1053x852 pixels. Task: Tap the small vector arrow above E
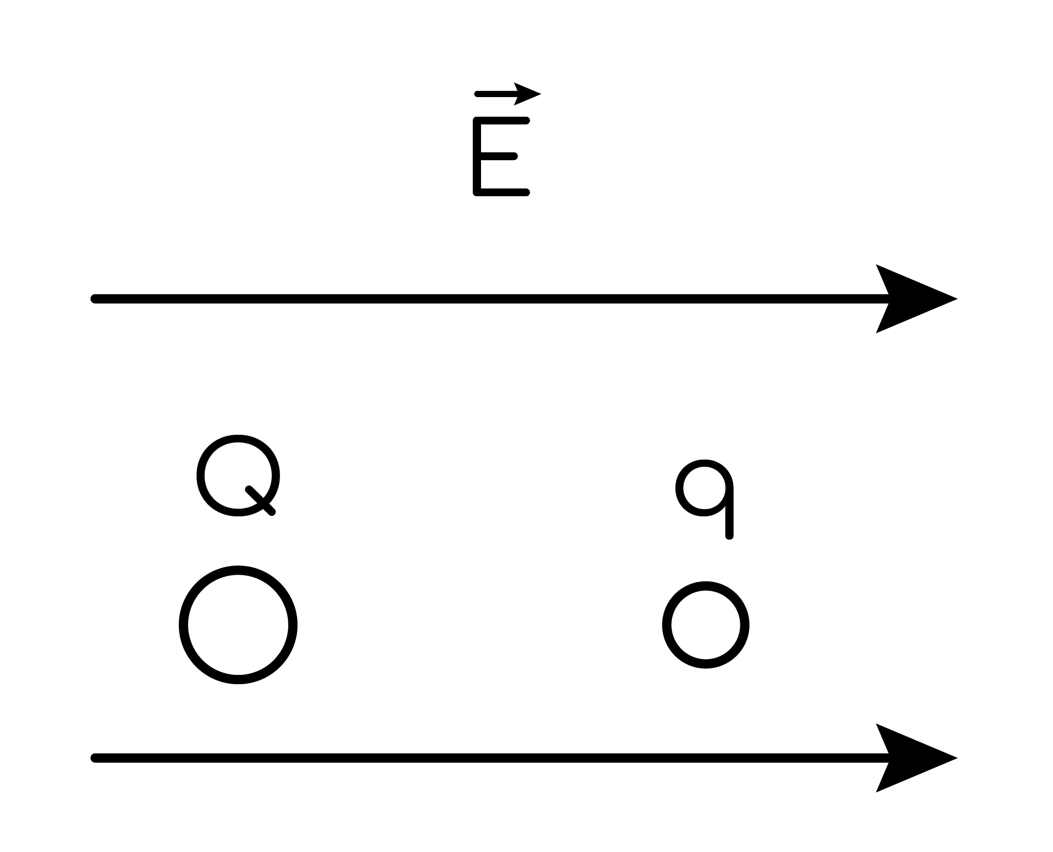[x=507, y=94]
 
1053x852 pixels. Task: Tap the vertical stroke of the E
[x=477, y=156]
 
